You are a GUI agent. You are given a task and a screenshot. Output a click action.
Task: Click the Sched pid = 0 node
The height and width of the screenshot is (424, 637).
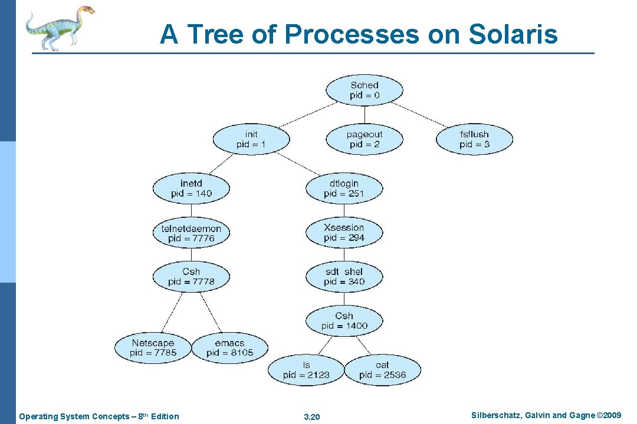pos(365,90)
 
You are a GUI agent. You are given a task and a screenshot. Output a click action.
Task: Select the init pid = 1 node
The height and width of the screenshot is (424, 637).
pos(251,140)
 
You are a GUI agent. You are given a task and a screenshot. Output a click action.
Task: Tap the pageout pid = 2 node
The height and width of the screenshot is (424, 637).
pos(365,140)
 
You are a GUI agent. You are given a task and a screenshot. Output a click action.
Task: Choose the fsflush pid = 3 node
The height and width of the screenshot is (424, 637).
pos(474,140)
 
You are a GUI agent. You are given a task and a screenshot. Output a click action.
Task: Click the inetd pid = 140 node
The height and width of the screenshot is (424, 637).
pos(191,188)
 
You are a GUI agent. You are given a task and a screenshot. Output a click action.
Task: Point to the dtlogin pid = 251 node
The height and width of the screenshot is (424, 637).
pos(344,188)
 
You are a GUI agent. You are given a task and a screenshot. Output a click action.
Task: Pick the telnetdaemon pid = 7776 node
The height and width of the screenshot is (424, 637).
pos(191,233)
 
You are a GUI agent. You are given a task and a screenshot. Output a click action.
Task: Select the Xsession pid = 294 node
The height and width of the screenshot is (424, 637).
pos(344,233)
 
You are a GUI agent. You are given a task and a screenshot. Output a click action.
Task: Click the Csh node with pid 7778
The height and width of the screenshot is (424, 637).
pos(191,277)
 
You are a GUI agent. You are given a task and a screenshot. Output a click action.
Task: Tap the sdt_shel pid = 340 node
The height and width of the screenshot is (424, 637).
pos(344,277)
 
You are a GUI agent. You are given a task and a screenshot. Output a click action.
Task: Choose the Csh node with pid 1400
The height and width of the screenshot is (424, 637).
pos(344,320)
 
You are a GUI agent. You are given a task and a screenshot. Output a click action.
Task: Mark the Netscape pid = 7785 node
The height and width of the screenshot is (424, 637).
pos(153,347)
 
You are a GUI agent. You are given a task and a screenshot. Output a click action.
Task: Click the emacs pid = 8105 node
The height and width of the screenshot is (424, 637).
pos(229,347)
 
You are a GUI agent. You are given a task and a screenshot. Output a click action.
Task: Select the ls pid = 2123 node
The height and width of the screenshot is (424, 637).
pos(306,370)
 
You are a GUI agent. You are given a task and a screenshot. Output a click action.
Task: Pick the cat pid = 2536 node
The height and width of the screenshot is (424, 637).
pos(382,370)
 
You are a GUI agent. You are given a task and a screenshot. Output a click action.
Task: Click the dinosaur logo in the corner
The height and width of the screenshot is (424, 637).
pos(60,27)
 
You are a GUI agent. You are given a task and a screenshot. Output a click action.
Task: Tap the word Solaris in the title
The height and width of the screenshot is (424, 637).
pos(513,34)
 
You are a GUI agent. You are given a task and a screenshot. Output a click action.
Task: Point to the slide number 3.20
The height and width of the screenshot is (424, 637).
pos(311,417)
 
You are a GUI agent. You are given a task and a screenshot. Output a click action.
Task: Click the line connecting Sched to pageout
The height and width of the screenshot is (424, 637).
pos(365,115)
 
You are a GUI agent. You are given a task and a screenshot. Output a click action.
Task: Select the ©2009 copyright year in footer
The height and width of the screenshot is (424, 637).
pos(610,416)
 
